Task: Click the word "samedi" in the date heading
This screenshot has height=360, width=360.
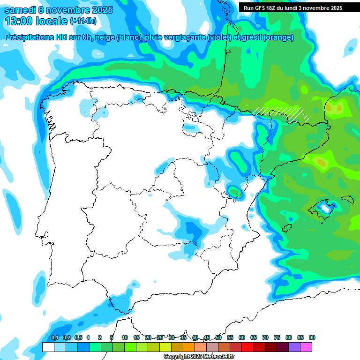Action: pyautogui.click(x=20, y=10)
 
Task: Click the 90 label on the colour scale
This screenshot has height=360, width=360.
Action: pyautogui.click(x=312, y=337)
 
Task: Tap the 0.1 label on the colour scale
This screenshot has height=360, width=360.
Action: pyautogui.click(x=54, y=337)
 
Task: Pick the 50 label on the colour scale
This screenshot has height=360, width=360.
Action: pyautogui.click(x=218, y=337)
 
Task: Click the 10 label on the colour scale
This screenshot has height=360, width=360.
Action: pyautogui.click(x=125, y=337)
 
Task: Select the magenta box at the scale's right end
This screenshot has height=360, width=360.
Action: pyautogui.click(x=306, y=347)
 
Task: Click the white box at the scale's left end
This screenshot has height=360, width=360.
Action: pyautogui.click(x=48, y=347)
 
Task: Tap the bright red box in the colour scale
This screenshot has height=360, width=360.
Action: pyautogui.click(x=247, y=347)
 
